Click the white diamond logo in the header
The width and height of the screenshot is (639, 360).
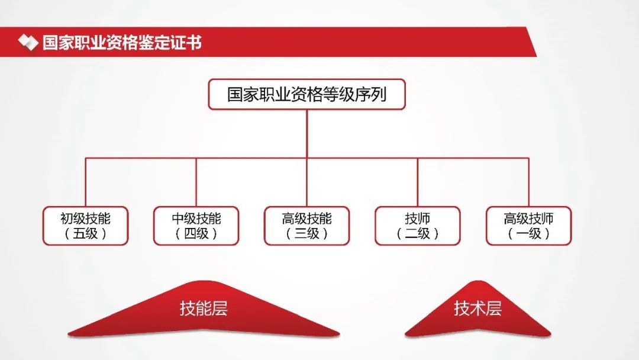28,43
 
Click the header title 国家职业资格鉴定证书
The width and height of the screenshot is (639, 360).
122,43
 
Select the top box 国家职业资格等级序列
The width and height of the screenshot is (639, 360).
307,94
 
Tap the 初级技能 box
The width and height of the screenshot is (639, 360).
86,226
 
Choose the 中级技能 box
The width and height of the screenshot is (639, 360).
196,226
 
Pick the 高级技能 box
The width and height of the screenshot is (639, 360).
307,226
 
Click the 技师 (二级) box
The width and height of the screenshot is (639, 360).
418,226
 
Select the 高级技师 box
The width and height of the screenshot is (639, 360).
528,226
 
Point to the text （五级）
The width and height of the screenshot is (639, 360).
86,234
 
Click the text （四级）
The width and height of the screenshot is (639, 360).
196,234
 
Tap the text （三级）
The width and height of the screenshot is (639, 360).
307,234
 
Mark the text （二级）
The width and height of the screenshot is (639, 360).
418,234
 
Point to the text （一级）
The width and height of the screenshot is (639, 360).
528,234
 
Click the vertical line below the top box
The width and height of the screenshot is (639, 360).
307,134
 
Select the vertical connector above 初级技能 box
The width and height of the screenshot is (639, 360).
86,182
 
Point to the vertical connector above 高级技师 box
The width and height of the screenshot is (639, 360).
528,182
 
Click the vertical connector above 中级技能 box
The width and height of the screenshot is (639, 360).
196,182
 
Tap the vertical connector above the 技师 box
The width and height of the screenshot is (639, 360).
418,182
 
